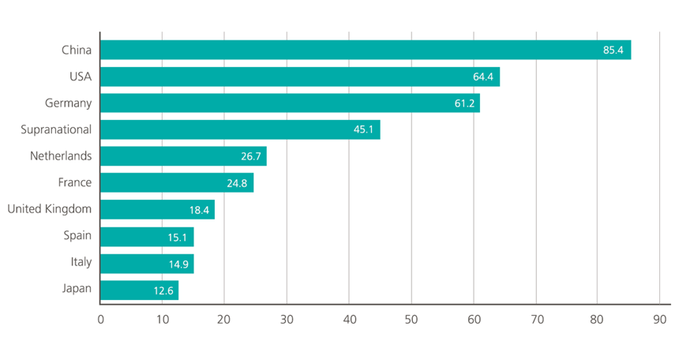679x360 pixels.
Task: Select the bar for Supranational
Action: (240, 130)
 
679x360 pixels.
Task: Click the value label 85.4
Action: (613, 51)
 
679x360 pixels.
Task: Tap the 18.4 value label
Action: (197, 209)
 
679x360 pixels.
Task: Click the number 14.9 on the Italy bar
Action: (176, 263)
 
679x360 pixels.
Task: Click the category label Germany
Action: (69, 103)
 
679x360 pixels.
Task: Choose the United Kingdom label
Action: (49, 209)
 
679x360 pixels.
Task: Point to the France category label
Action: (75, 182)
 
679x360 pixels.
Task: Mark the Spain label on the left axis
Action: (77, 235)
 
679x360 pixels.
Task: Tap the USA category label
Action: (80, 77)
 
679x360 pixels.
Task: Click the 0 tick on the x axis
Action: (100, 320)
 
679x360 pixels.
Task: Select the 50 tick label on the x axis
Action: (411, 320)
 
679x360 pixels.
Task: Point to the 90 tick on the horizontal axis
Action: (660, 320)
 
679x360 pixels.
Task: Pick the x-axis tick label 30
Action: (287, 320)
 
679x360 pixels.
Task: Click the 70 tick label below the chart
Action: (536, 320)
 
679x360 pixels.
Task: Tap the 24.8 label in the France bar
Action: (237, 183)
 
